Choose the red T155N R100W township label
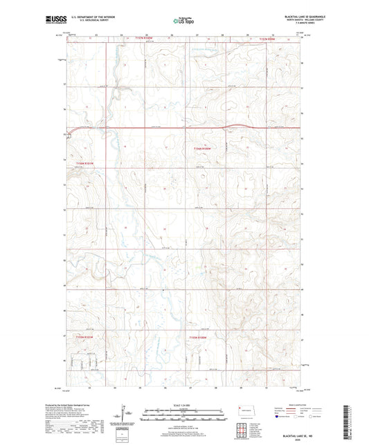click(x=198, y=337)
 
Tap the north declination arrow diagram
click(x=123, y=417)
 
